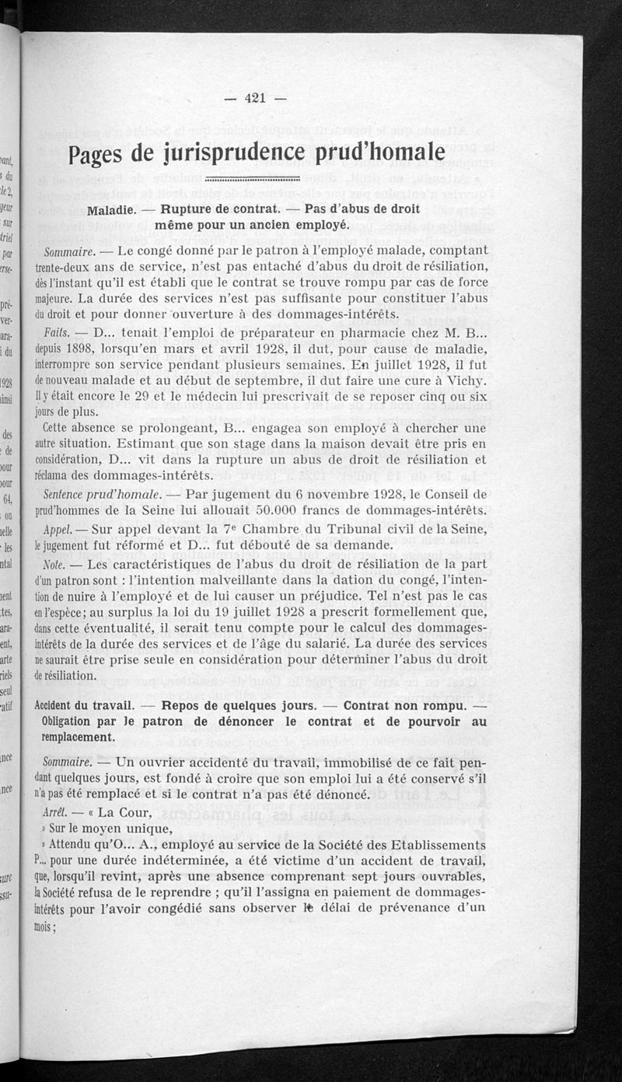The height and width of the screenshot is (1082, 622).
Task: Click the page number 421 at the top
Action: [x=255, y=98]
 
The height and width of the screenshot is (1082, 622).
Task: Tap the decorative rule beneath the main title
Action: [x=256, y=178]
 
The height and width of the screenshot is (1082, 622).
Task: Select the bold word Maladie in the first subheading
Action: [x=112, y=209]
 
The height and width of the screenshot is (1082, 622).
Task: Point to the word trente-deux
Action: [x=66, y=266]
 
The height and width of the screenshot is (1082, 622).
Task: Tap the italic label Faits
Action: [x=58, y=331]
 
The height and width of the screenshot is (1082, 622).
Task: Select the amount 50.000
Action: [x=289, y=510]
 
